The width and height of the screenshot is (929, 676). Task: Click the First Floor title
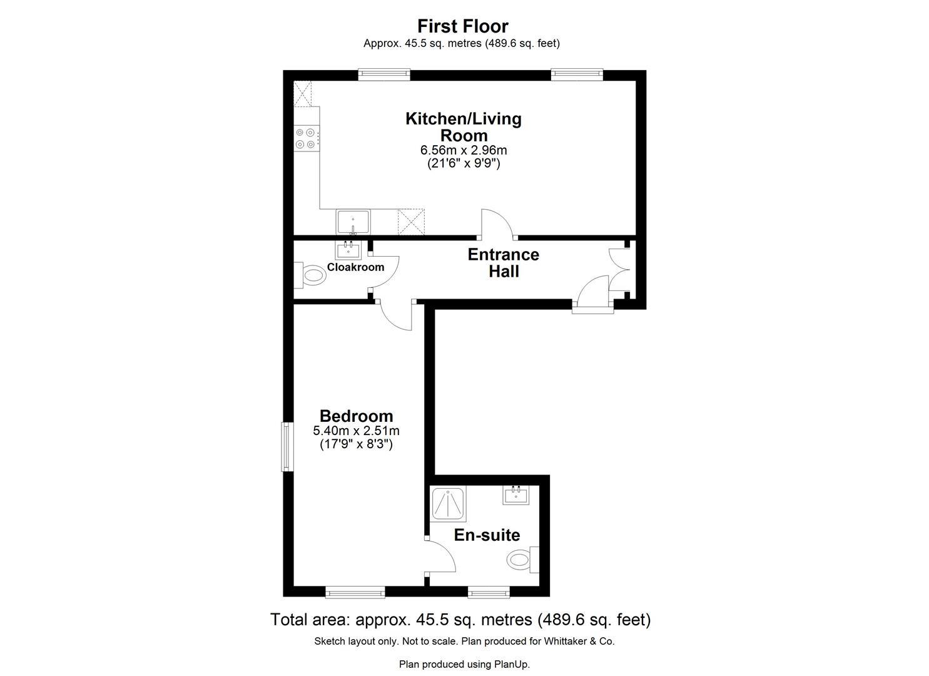pos(463,26)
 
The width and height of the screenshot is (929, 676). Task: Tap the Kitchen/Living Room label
pos(464,127)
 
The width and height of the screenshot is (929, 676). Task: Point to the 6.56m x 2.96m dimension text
pos(464,150)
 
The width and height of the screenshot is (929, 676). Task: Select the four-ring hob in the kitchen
pos(307,138)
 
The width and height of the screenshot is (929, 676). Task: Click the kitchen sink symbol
pos(353,222)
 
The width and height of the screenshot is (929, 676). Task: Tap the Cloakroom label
pos(355,267)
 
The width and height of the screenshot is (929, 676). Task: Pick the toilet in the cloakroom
pos(308,275)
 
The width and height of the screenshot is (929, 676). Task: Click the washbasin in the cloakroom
pos(348,250)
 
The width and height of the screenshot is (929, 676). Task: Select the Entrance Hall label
pos(504,263)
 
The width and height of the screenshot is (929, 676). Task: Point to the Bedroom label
pos(356,416)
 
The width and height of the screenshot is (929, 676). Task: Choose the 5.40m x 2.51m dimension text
pos(356,431)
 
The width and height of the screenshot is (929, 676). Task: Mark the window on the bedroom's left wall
pos(287,446)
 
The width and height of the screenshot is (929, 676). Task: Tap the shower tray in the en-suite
pos(449,504)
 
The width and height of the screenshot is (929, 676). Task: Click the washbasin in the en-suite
pos(516,495)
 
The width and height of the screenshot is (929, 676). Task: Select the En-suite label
pos(487,535)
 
